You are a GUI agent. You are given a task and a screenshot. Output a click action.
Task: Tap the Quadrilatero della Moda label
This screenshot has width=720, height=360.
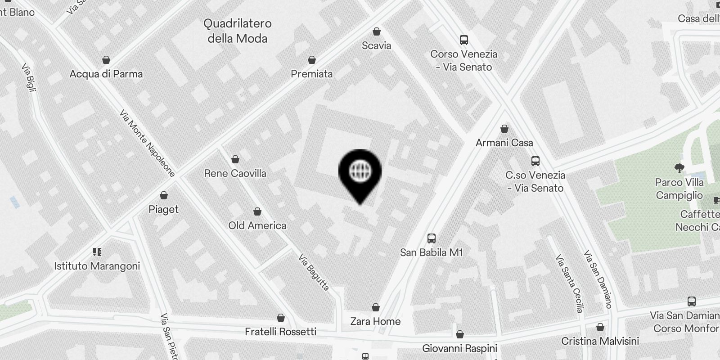click(x=238, y=31)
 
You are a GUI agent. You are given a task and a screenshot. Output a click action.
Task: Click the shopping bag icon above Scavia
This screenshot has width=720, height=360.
click(x=377, y=31)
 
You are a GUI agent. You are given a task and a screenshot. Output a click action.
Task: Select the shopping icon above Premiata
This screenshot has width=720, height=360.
click(x=311, y=60)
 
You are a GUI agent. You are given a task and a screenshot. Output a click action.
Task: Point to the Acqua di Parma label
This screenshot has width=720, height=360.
click(x=106, y=74)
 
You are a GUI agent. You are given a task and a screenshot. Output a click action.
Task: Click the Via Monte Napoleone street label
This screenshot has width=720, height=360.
click(x=147, y=143)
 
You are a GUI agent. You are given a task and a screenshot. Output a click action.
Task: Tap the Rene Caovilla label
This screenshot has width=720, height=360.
click(x=235, y=173)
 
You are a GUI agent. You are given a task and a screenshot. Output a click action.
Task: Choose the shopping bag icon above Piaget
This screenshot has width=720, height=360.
click(x=164, y=195)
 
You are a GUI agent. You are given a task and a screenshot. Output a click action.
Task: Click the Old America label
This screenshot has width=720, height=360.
click(x=257, y=225)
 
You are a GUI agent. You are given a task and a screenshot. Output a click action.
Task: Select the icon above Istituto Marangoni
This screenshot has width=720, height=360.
click(x=97, y=252)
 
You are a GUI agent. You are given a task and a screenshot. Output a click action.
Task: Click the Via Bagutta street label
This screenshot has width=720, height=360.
click(x=314, y=272)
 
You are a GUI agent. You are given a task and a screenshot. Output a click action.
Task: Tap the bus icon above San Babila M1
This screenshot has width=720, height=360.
click(x=432, y=238)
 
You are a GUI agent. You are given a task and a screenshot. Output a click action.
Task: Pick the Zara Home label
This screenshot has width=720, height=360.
click(x=375, y=321)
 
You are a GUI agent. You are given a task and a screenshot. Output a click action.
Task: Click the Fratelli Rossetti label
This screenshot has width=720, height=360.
click(x=280, y=332)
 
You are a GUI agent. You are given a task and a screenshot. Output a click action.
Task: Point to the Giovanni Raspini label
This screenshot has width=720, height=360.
click(x=459, y=348)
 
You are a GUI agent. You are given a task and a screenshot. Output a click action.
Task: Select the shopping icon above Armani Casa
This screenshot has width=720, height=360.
click(x=504, y=129)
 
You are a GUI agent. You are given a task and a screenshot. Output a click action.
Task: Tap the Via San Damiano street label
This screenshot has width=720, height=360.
click(x=598, y=279)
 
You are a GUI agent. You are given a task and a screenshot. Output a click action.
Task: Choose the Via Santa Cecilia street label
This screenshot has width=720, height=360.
click(x=569, y=283)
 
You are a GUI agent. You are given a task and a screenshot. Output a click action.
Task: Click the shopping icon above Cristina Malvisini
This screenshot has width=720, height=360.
click(x=600, y=327)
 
